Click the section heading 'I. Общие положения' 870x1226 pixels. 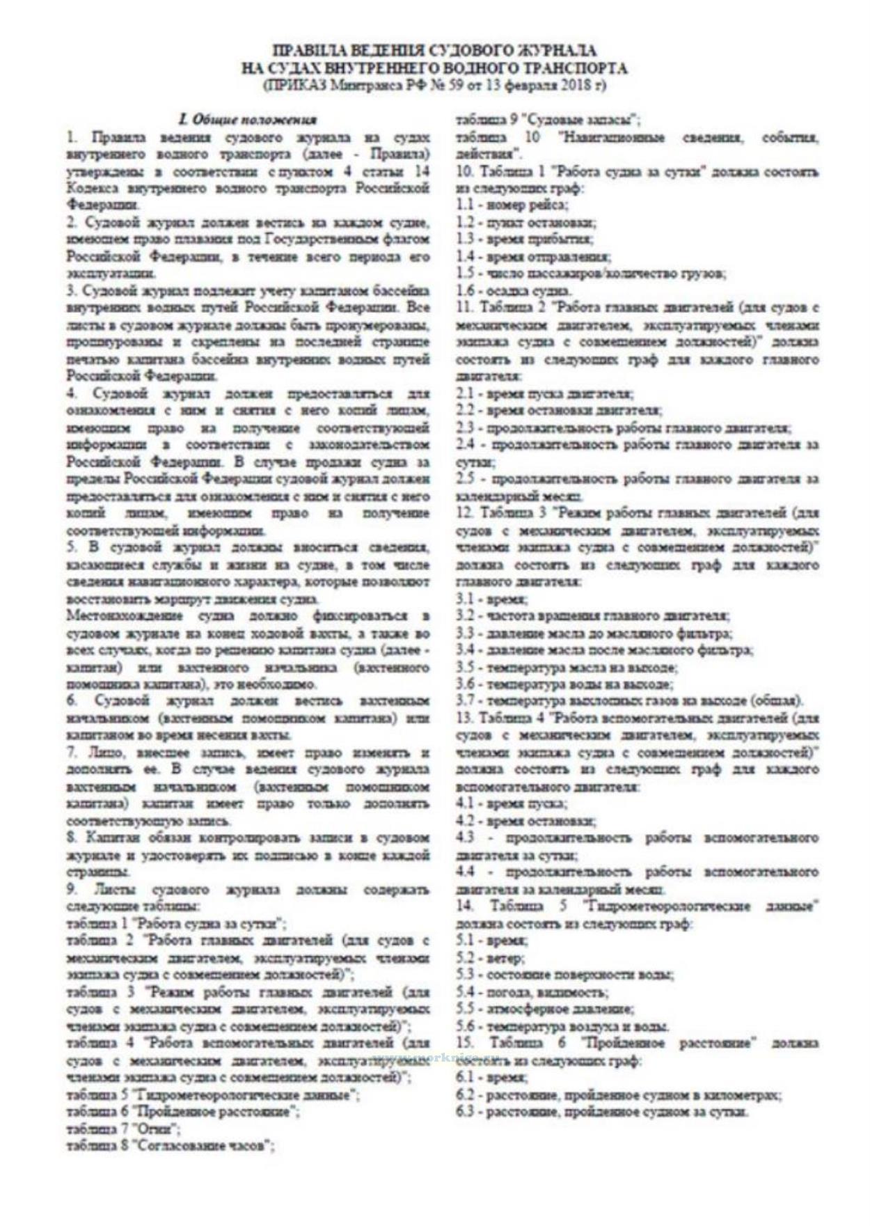[247, 119]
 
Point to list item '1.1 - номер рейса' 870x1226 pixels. [512, 205]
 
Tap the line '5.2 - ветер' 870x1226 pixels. [491, 958]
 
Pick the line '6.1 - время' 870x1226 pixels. [491, 1078]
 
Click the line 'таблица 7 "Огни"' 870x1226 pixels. [124, 1129]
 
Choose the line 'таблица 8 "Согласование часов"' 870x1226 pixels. [170, 1146]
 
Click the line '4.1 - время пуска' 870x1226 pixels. [512, 803]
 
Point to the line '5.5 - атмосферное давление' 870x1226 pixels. [545, 1009]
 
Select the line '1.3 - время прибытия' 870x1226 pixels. [524, 239]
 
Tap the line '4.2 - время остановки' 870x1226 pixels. [526, 821]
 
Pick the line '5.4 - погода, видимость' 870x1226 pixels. [532, 992]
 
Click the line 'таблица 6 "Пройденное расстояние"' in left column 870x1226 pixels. [183, 1112]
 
